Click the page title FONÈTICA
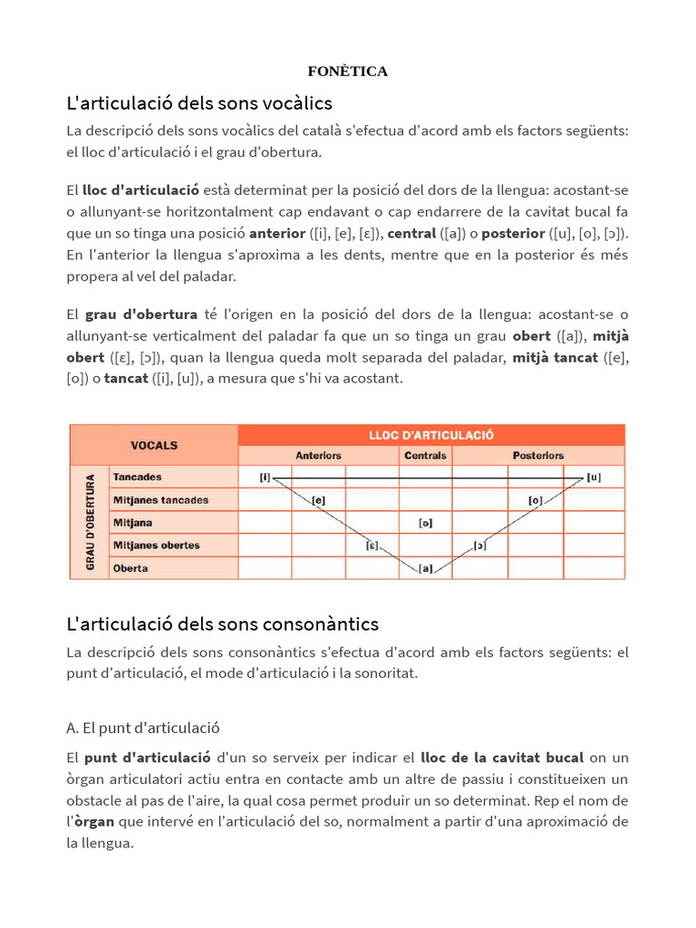347,72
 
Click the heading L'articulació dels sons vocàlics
199,102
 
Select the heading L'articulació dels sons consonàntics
223,623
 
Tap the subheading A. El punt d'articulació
143,728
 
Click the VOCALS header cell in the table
154,445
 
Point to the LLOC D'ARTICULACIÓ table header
430,435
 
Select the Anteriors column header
318,455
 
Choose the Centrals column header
425,455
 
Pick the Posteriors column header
538,455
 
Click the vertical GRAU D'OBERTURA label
90,523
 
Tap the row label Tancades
138,477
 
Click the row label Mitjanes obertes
156,546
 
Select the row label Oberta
130,568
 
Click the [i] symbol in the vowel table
265,477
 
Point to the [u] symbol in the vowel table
593,477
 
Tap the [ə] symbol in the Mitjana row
425,523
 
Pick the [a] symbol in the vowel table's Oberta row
425,569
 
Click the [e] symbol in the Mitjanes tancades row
318,499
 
